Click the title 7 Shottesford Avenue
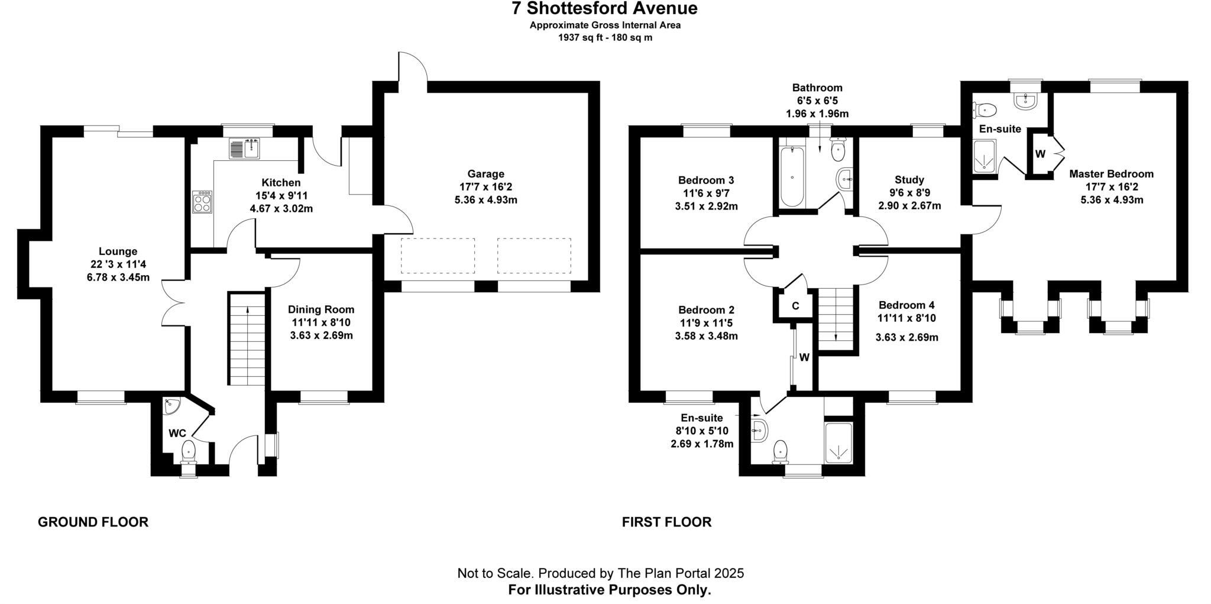point(604,9)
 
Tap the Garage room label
point(485,174)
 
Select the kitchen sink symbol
point(245,148)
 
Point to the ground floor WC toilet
point(189,451)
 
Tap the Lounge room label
point(118,251)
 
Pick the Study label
point(909,180)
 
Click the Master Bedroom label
point(1111,174)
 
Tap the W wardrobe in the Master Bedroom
point(1041,154)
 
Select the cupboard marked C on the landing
point(795,306)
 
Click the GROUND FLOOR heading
point(93,522)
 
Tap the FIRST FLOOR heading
point(666,522)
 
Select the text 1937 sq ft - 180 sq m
point(605,38)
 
